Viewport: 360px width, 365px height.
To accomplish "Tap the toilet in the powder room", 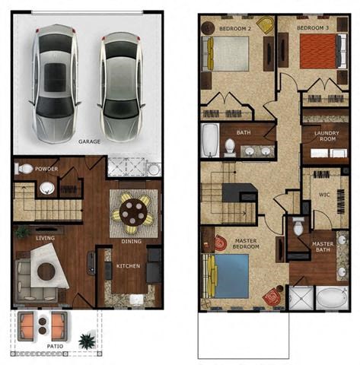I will point(25,169).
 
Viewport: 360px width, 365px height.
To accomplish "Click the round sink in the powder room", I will point(47,187).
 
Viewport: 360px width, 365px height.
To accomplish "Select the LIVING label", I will point(45,237).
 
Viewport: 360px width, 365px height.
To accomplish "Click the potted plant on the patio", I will point(88,339).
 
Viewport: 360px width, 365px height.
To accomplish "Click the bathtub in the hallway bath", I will point(210,141).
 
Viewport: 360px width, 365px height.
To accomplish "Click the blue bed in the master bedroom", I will point(228,275).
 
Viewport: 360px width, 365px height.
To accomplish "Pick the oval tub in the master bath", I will point(332,297).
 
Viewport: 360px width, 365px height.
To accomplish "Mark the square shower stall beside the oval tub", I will point(300,298).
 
